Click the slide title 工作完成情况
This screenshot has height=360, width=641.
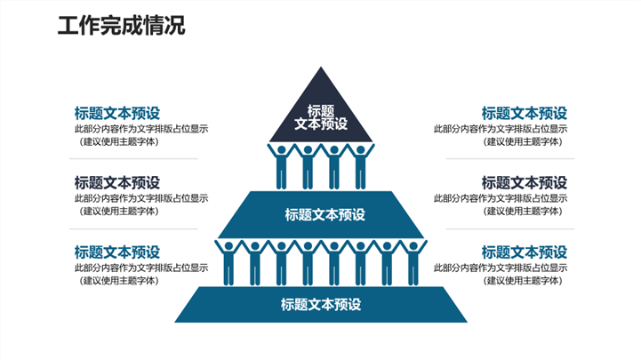(121, 26)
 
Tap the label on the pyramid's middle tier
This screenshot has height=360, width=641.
(325, 214)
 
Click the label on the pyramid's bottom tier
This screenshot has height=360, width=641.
(321, 304)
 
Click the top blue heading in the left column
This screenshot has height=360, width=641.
(116, 113)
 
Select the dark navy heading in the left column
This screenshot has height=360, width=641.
(116, 182)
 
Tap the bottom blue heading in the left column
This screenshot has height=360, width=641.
(116, 252)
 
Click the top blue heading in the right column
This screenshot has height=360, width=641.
(524, 113)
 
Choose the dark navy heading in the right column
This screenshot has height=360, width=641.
(524, 182)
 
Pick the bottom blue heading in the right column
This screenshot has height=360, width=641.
(524, 252)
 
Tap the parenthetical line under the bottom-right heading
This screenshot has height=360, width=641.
(524, 281)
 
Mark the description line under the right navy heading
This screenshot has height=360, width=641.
(500, 198)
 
